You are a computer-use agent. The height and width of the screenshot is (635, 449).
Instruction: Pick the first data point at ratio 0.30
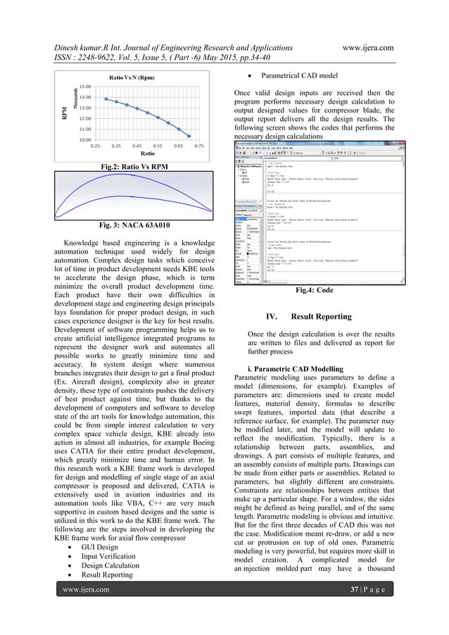click(106, 99)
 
